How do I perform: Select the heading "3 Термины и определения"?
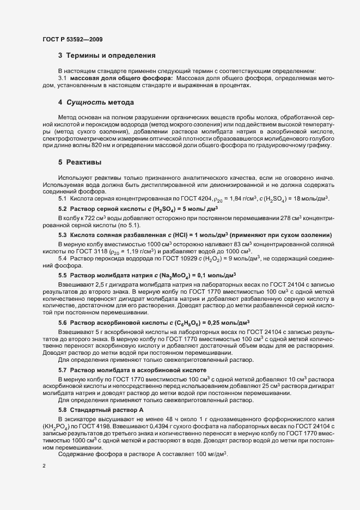[x=108, y=56]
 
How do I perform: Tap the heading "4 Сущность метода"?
[x=96, y=102]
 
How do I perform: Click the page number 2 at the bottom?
[x=44, y=466]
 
